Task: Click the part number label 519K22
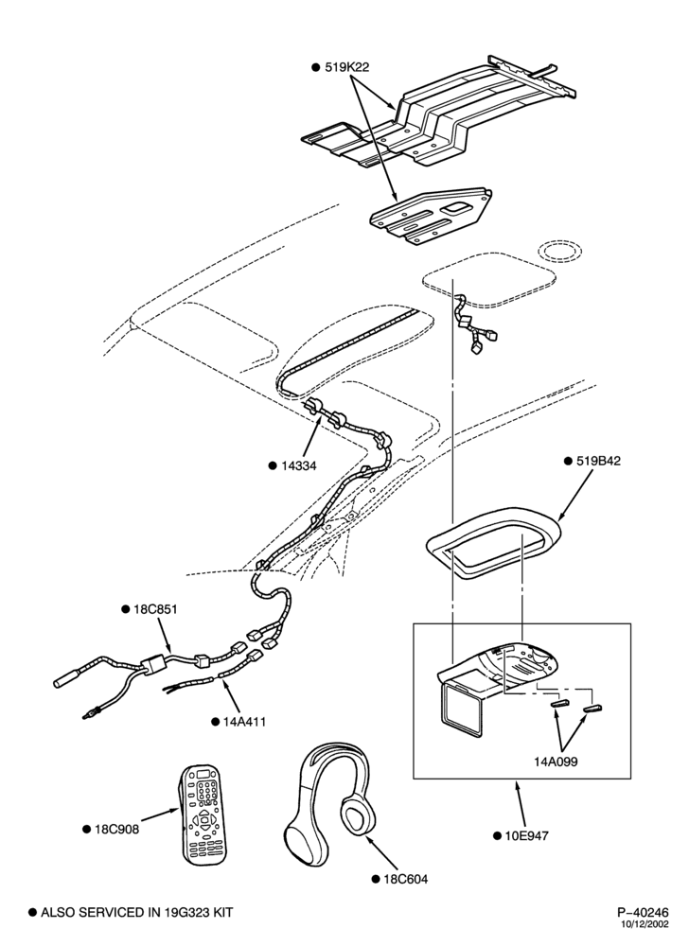point(347,67)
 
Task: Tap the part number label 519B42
point(598,461)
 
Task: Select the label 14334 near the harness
point(299,465)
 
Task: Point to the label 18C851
point(155,608)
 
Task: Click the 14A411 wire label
point(244,722)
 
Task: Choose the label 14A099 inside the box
point(555,762)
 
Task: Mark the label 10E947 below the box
point(527,835)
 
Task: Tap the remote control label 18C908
point(116,830)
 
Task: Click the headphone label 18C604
point(405,880)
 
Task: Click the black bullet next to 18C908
point(86,830)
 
